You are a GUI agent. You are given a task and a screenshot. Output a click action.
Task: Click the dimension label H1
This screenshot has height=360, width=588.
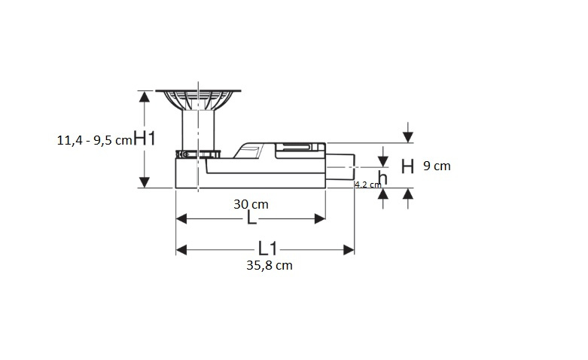click(145, 139)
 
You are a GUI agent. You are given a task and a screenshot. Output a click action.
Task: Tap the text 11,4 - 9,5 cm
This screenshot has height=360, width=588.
click(95, 140)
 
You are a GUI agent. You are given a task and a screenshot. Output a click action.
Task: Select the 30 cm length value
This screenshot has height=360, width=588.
click(251, 204)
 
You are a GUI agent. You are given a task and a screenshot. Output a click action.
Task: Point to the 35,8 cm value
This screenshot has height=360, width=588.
click(270, 266)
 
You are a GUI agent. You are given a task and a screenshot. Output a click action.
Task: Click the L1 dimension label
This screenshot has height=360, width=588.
click(268, 249)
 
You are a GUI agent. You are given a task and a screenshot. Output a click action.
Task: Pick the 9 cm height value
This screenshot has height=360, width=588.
click(437, 166)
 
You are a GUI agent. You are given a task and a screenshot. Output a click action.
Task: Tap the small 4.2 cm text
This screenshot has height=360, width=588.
click(368, 185)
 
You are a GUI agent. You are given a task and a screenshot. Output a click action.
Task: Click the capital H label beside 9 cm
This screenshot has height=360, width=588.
click(407, 166)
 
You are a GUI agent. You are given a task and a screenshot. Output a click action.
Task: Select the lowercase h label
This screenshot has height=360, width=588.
click(382, 178)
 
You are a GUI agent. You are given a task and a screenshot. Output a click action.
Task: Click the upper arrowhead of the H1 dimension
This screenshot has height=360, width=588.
click(145, 96)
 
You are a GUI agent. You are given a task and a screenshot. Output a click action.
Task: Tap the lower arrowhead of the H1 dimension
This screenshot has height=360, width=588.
click(145, 182)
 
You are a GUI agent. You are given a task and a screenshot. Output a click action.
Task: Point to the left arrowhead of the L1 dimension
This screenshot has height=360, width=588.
click(181, 250)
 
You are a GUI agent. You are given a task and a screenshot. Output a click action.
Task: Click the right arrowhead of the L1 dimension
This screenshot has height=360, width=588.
click(349, 250)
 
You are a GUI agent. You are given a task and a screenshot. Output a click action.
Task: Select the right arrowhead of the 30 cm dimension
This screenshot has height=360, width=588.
click(320, 218)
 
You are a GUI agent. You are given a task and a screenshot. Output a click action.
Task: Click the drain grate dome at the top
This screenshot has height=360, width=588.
click(198, 99)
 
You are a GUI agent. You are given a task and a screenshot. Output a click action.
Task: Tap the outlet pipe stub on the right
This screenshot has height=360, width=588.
click(340, 167)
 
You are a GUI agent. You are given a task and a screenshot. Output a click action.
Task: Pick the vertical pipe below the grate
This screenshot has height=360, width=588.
click(198, 130)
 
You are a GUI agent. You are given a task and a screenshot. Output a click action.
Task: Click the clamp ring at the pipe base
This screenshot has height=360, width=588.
click(198, 154)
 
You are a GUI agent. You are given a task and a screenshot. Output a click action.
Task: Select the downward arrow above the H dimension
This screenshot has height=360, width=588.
click(408, 133)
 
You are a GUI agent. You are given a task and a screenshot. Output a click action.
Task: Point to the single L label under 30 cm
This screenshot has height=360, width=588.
click(251, 218)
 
